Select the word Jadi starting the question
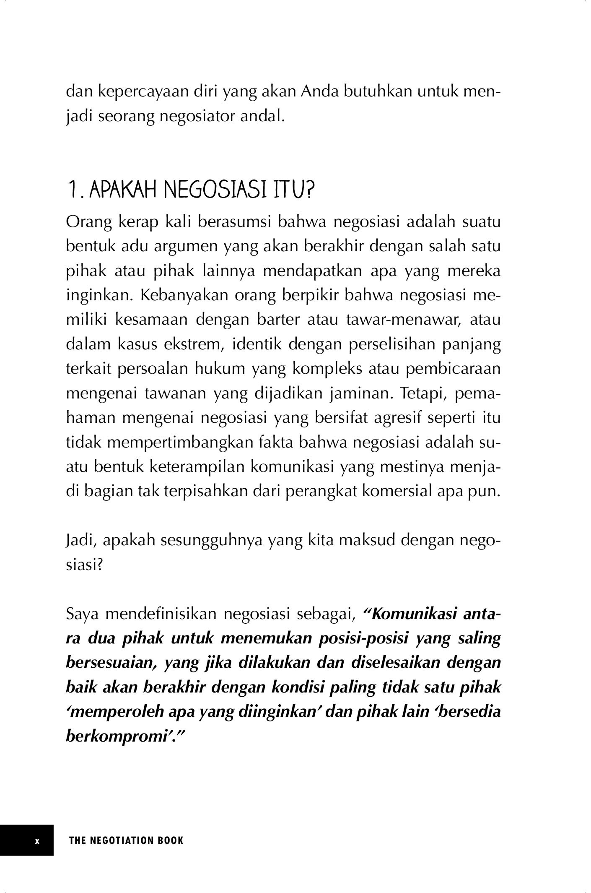coord(81,541)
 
